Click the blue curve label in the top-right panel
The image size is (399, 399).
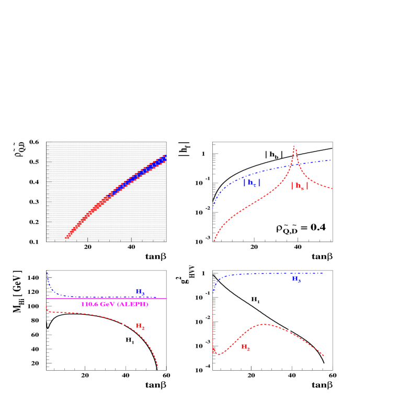[252, 183]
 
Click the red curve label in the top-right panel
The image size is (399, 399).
[299, 186]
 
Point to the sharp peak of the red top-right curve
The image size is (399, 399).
[294, 146]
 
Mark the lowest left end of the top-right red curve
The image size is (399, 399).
[214, 241]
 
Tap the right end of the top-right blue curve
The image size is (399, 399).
[331, 160]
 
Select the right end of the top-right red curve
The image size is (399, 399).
[333, 188]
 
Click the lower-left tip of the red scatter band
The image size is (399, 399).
[66, 238]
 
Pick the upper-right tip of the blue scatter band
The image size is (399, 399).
[165, 156]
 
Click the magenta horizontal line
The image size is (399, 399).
[105, 298]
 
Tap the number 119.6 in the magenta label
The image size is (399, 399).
[90, 304]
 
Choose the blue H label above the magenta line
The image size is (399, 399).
[140, 291]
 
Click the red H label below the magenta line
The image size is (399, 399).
[140, 326]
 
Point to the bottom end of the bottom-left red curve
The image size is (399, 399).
[158, 367]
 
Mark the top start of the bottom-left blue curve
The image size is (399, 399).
[47, 270]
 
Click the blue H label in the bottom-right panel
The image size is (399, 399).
[296, 280]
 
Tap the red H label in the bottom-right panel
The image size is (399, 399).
[245, 347]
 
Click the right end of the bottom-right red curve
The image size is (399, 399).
[324, 356]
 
